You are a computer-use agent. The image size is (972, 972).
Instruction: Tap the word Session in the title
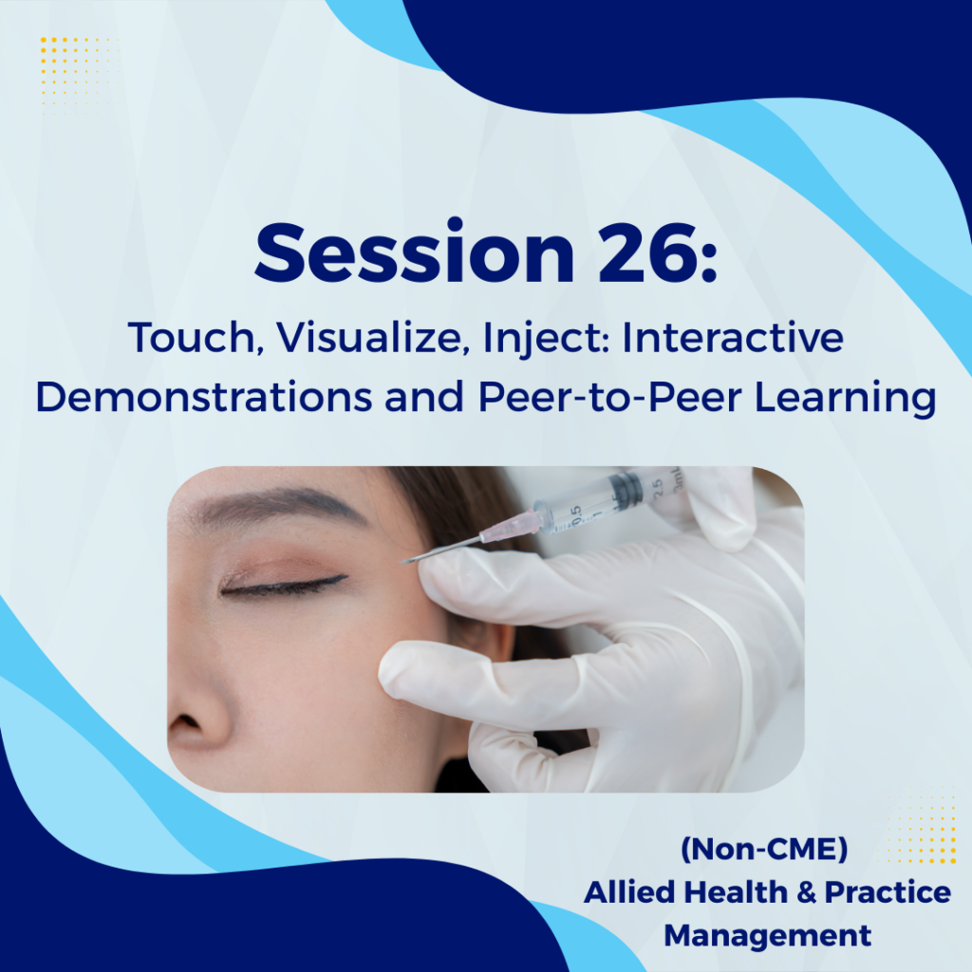click(415, 252)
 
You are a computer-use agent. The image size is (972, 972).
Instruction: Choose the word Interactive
click(733, 337)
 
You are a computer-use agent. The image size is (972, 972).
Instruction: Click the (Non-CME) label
click(764, 849)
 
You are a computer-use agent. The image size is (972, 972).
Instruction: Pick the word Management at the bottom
click(767, 936)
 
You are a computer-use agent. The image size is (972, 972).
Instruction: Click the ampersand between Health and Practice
click(807, 892)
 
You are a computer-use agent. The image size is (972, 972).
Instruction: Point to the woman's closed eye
click(282, 584)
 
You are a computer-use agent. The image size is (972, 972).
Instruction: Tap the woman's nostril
click(186, 721)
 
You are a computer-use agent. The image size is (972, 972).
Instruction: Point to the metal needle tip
click(402, 562)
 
